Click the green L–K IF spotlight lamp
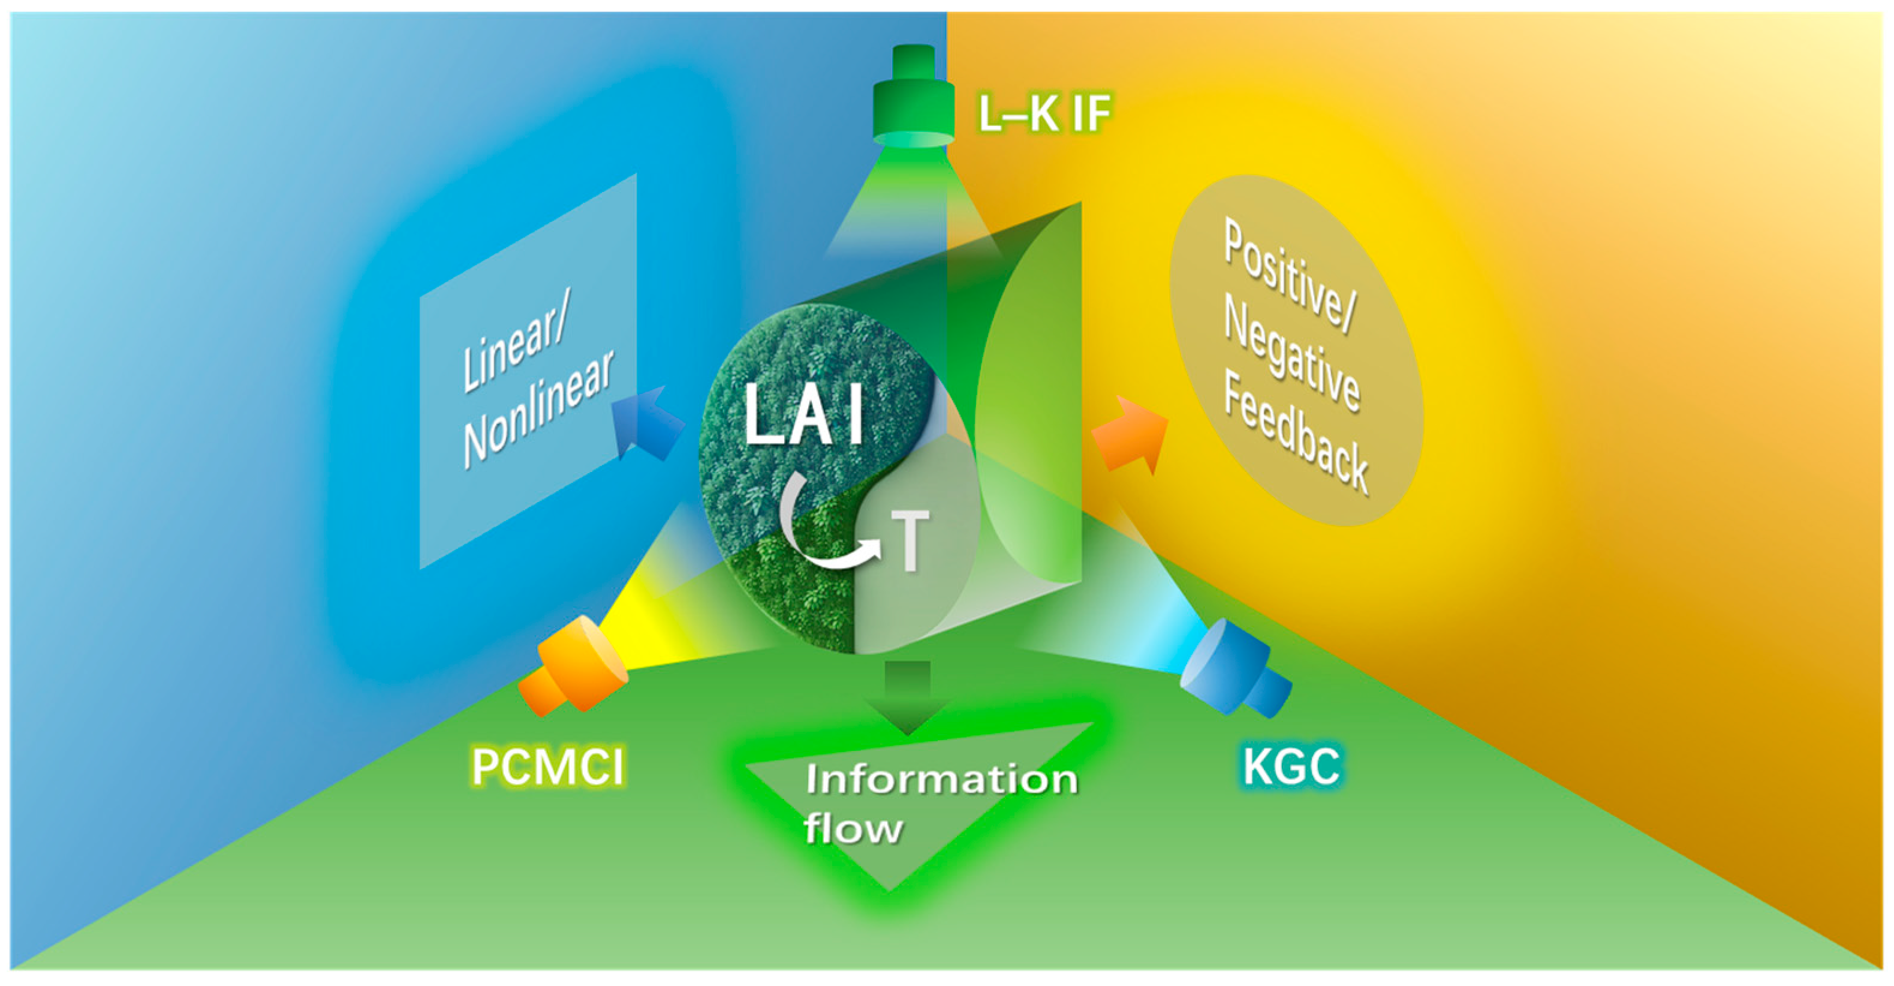pyautogui.click(x=913, y=100)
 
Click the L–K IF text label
pyautogui.click(x=1044, y=114)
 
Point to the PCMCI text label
pyautogui.click(x=548, y=767)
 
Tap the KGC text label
pyautogui.click(x=1290, y=767)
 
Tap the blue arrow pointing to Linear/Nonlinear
pyautogui.click(x=647, y=426)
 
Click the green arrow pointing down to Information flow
pyautogui.click(x=908, y=695)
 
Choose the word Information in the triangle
pyautogui.click(x=941, y=780)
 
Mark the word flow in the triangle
pyautogui.click(x=853, y=829)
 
